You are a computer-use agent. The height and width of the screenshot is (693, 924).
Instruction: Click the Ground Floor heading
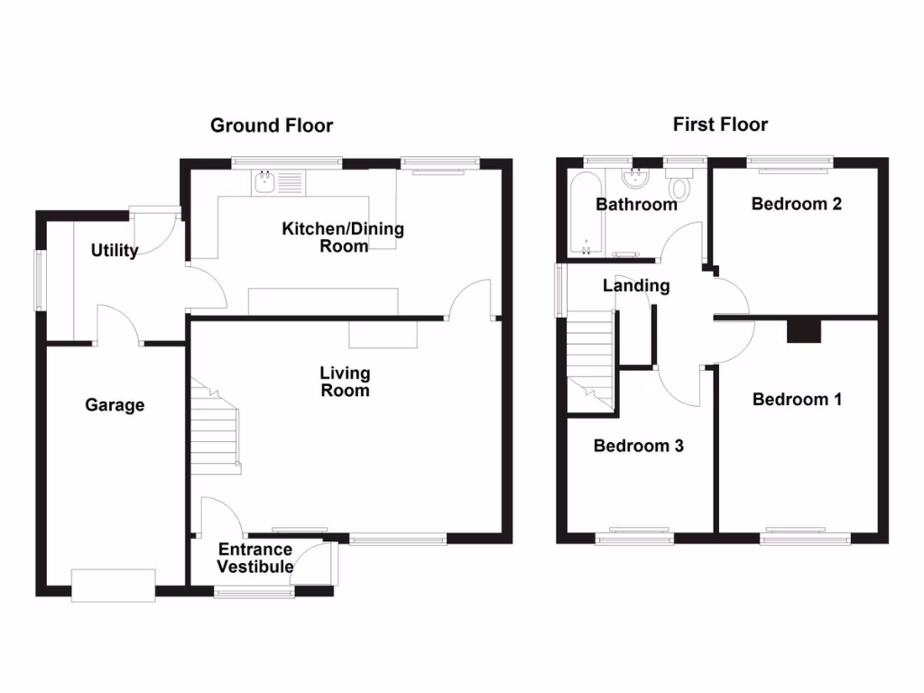(x=272, y=125)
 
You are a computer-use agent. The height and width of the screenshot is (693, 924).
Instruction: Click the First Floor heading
(x=720, y=125)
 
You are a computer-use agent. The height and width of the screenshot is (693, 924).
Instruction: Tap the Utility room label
(x=115, y=250)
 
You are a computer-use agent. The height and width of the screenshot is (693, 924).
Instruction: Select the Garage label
(x=115, y=405)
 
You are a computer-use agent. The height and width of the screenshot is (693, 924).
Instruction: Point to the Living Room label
(x=345, y=382)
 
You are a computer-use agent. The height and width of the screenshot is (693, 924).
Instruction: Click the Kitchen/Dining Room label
(x=343, y=236)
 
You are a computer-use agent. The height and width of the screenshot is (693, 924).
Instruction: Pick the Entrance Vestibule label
(x=255, y=558)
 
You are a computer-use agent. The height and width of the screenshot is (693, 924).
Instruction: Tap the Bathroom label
(x=636, y=205)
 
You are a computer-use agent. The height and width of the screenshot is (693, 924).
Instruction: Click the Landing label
(x=636, y=286)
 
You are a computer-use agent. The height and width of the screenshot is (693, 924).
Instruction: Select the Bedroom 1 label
(x=797, y=399)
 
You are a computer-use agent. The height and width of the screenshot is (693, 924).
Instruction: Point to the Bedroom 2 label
(x=797, y=204)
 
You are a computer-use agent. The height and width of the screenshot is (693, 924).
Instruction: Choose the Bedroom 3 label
(x=638, y=445)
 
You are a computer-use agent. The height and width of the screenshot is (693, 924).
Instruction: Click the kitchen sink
(x=265, y=183)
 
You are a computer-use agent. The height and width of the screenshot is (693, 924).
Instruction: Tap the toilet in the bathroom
(x=679, y=187)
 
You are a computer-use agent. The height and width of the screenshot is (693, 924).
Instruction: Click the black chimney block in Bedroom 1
(x=805, y=331)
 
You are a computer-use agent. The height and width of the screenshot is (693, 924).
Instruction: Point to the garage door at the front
(x=114, y=585)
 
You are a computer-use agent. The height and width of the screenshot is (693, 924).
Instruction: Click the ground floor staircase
(x=216, y=429)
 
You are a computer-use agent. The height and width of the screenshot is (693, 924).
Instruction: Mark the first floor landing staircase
(x=590, y=356)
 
